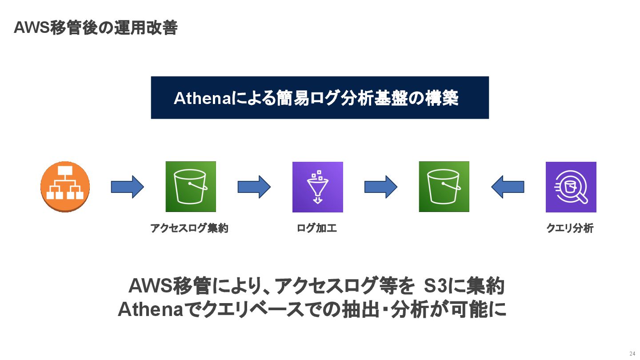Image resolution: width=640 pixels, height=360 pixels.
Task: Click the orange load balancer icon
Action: [65, 187]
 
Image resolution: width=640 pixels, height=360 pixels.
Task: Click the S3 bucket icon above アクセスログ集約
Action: [191, 187]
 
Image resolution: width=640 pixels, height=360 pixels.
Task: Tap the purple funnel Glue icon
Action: [317, 187]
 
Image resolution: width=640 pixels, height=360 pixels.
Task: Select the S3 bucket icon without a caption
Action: [444, 187]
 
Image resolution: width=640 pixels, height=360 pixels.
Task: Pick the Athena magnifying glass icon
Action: [571, 187]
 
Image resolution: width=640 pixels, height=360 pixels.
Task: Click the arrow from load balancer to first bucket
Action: [127, 187]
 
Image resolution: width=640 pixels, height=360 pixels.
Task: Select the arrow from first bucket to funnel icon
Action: [254, 187]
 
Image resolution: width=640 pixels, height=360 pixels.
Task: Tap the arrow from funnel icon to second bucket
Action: [380, 187]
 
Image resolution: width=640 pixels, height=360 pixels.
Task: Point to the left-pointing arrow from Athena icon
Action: [508, 187]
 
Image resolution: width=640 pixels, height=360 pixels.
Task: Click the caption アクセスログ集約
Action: [189, 229]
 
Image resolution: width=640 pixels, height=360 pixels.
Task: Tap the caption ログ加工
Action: [316, 229]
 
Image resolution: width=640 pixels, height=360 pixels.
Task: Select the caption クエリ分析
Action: [569, 229]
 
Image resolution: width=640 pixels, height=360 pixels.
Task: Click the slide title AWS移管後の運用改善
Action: [96, 28]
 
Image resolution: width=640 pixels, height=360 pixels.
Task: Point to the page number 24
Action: [632, 353]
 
